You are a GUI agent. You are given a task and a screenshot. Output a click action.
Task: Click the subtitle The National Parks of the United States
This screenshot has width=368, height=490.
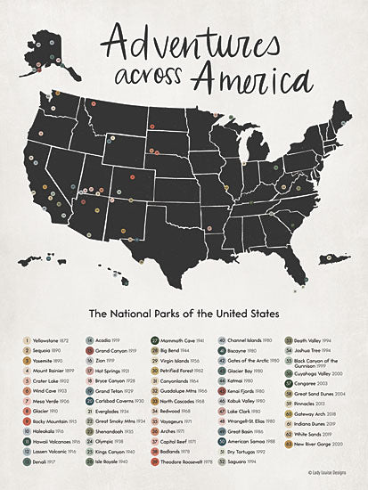183,314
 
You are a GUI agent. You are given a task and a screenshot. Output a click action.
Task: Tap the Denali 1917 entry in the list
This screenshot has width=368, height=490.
45,461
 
